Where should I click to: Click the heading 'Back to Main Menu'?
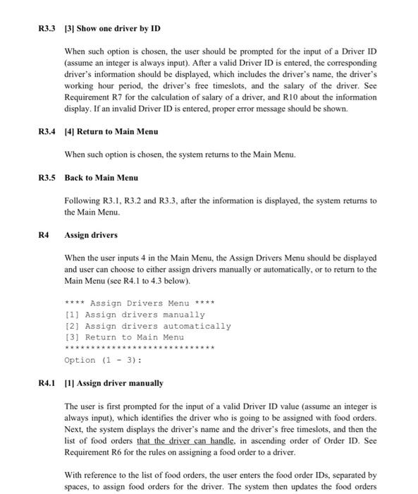tap(101, 177)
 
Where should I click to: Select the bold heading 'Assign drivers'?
tap(91, 234)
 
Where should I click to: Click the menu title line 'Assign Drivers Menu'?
tap(139, 303)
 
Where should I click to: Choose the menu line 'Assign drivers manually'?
tap(135, 314)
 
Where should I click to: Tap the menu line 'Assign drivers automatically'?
tap(147, 326)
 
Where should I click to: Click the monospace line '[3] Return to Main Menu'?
tap(124, 337)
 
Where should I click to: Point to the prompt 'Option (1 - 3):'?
tap(103, 360)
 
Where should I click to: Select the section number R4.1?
tap(47, 383)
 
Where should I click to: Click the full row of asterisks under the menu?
tap(139, 349)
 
